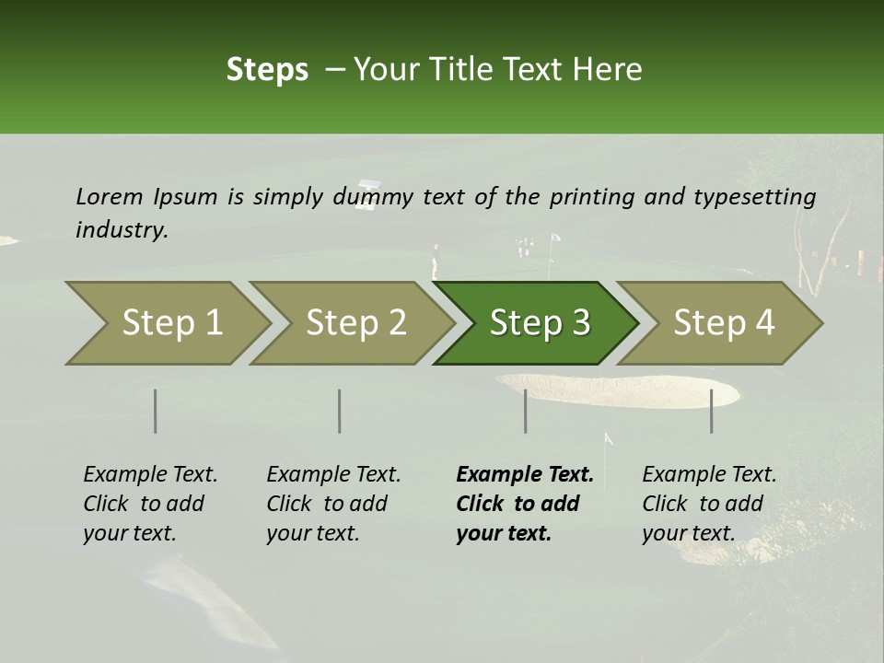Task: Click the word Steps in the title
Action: pos(267,70)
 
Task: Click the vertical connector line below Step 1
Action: pos(156,411)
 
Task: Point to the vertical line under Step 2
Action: pos(340,411)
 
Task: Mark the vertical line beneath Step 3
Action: pos(526,411)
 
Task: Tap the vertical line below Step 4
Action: pos(712,411)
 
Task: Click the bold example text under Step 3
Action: pos(524,504)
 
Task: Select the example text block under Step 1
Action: pos(150,504)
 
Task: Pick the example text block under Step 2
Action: pos(333,504)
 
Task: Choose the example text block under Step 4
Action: pos(709,504)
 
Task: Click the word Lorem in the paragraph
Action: pos(110,196)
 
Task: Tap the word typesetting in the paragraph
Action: pos(754,197)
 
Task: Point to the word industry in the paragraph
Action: pos(122,230)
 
